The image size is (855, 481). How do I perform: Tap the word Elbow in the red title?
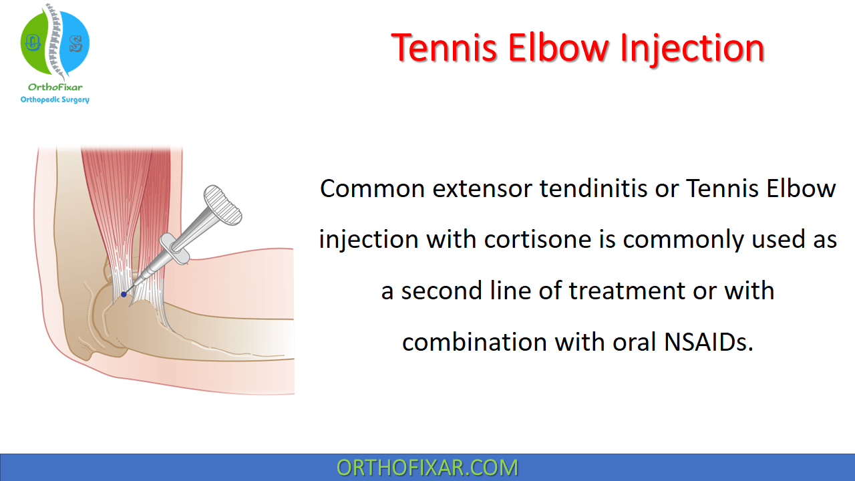(565, 48)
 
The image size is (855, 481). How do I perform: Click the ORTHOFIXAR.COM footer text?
(427, 468)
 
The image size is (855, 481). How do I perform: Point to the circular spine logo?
(55, 42)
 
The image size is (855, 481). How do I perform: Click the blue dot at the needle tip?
(124, 294)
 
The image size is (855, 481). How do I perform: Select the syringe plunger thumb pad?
(222, 204)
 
